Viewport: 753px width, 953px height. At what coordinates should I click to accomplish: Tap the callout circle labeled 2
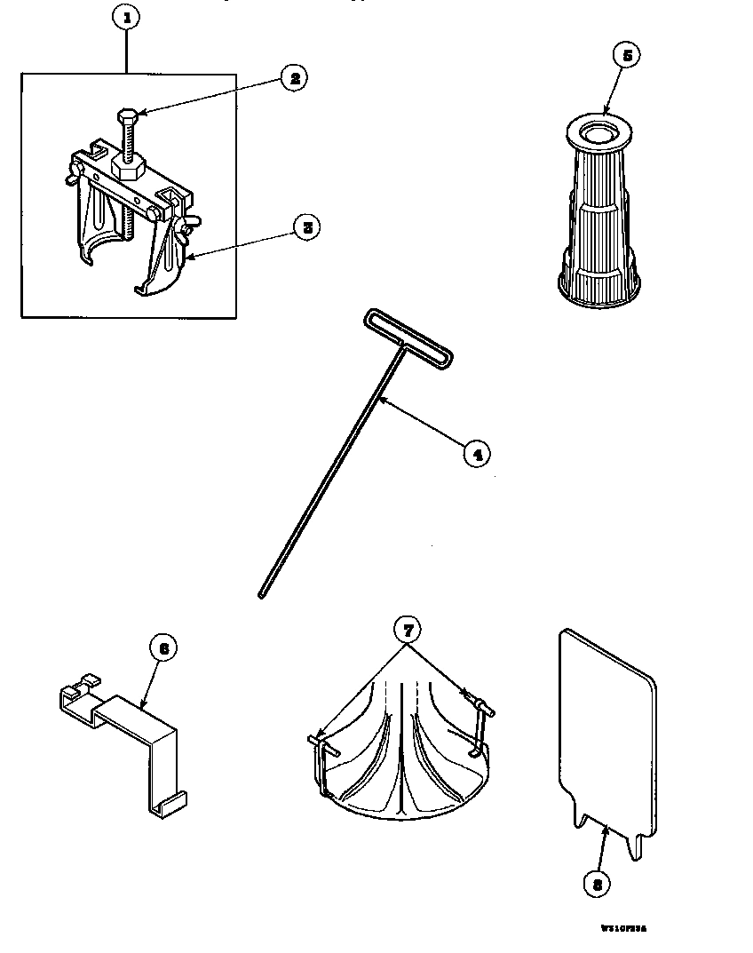293,78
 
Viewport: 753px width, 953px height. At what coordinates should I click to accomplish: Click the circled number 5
626,55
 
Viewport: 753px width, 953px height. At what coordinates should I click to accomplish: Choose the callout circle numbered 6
162,649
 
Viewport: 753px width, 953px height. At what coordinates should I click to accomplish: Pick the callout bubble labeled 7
406,630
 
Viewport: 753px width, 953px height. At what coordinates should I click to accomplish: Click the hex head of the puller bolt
127,115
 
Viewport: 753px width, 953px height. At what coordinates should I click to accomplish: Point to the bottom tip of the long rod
262,594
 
